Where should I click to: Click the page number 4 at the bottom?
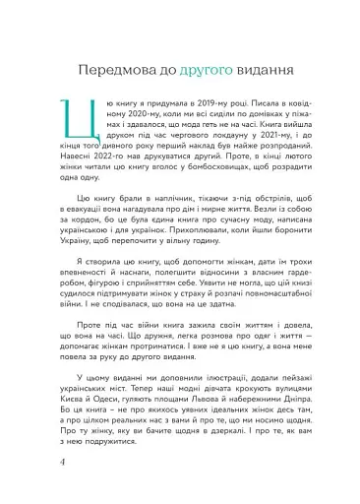pyautogui.click(x=64, y=488)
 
